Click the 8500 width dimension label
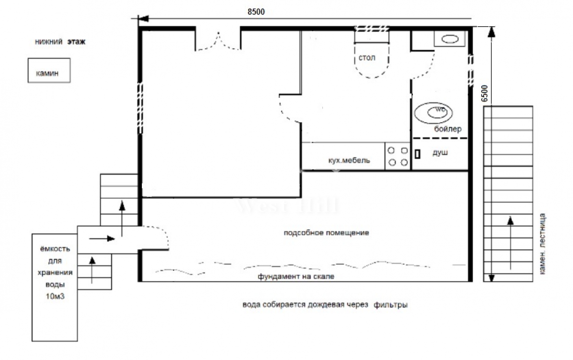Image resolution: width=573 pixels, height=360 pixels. click(x=256, y=12)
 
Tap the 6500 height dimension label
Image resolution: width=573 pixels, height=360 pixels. click(x=485, y=94)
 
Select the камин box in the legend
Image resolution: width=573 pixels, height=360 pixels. click(x=49, y=70)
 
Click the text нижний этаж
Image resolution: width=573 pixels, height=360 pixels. click(x=60, y=42)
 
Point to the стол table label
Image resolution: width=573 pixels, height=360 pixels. click(x=367, y=58)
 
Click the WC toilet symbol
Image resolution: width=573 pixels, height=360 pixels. click(x=434, y=113)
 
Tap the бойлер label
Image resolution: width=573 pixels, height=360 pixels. click(x=448, y=129)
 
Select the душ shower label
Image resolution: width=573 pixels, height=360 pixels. click(x=440, y=153)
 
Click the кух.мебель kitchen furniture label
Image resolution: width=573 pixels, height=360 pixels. click(x=349, y=160)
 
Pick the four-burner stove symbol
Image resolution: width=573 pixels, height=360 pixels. click(x=397, y=156)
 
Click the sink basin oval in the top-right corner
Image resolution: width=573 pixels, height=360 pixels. click(x=450, y=39)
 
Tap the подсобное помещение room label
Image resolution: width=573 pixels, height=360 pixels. click(x=327, y=233)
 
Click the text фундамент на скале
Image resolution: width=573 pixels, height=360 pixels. click(x=296, y=276)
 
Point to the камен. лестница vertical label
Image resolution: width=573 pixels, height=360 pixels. click(x=542, y=244)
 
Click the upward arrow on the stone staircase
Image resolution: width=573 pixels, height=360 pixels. click(x=510, y=243)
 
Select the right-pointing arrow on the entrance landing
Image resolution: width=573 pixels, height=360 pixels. click(x=102, y=239)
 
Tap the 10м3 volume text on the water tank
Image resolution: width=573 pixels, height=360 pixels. click(x=55, y=296)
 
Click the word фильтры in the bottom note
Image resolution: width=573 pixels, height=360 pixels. click(x=391, y=305)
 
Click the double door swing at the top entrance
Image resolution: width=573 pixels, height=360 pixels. click(x=218, y=41)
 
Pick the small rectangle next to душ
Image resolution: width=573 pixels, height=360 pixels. click(x=417, y=154)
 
